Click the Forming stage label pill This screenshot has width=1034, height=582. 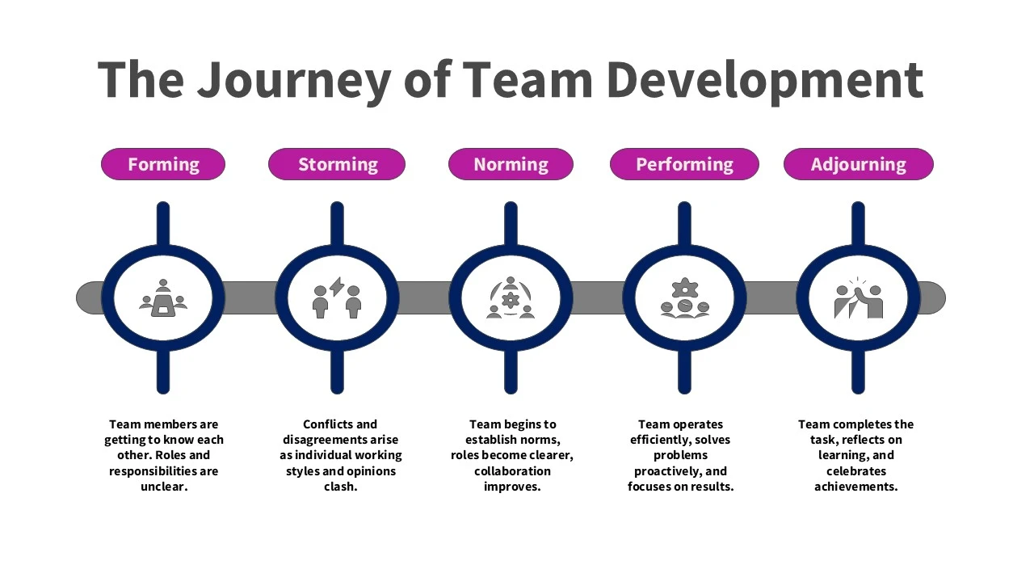[163, 164]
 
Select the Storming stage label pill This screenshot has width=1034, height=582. [337, 164]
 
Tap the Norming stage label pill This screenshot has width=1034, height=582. [511, 164]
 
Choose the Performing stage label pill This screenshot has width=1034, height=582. [684, 164]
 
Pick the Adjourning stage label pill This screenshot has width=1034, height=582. [859, 164]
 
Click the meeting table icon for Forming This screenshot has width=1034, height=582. [163, 298]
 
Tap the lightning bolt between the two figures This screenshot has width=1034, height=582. [337, 286]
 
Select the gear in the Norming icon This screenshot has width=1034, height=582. [511, 300]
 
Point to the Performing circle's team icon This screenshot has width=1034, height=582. [684, 298]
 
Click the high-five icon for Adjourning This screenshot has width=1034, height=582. [859, 298]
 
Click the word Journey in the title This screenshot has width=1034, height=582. [295, 81]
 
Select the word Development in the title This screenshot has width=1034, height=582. [765, 81]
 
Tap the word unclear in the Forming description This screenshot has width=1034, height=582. [164, 487]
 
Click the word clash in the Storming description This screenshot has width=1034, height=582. [340, 487]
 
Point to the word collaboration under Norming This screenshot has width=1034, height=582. [512, 470]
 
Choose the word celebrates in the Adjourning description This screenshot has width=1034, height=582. [856, 470]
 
